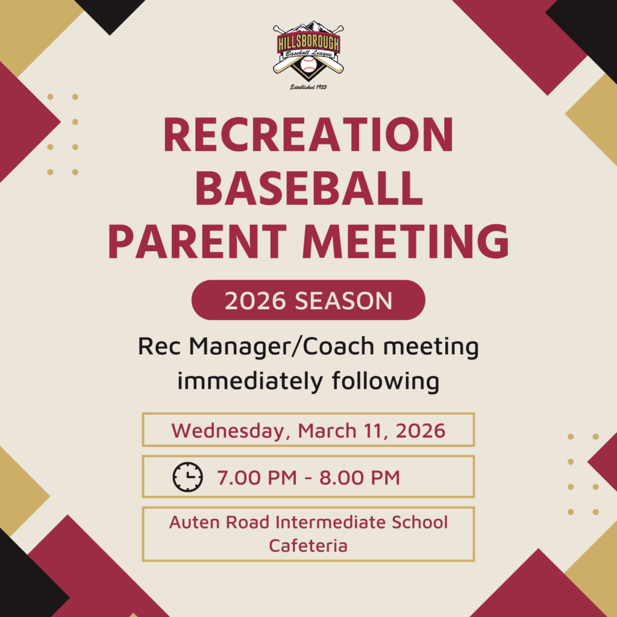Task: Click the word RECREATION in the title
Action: coord(308,134)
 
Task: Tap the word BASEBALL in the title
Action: coord(308,188)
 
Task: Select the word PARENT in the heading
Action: coord(198,241)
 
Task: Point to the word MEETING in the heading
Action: coord(406,241)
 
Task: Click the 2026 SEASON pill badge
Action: coord(308,300)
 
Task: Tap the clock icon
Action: coord(188,477)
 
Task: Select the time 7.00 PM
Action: coord(257,478)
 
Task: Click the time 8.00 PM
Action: coord(360,478)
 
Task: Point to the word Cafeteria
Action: coord(308,545)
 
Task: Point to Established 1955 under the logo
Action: coord(308,87)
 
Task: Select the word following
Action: coord(386,381)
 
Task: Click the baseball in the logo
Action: coord(308,64)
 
